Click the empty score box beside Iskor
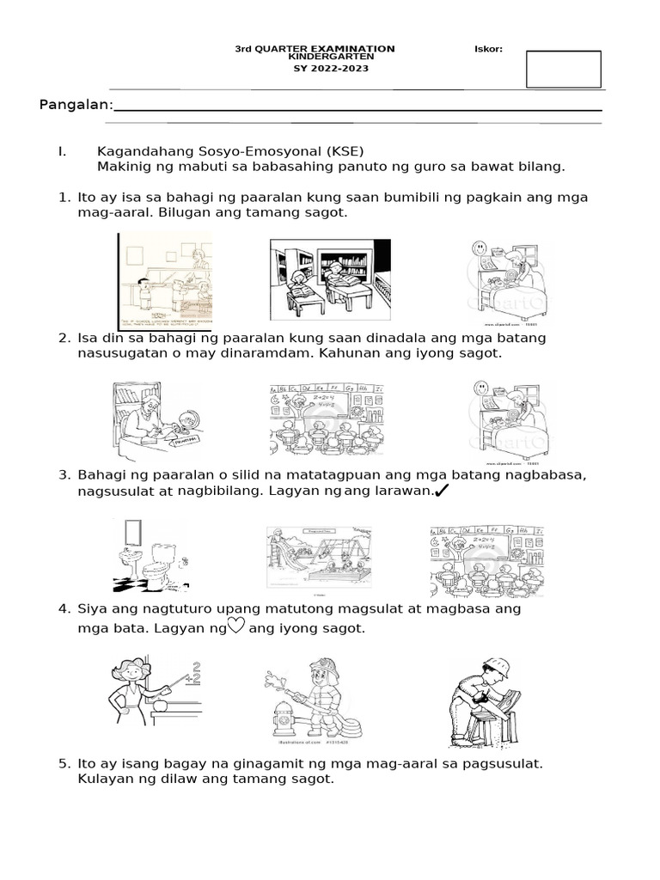point(563,69)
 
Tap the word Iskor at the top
point(488,49)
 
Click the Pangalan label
point(76,105)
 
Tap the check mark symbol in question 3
point(443,491)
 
